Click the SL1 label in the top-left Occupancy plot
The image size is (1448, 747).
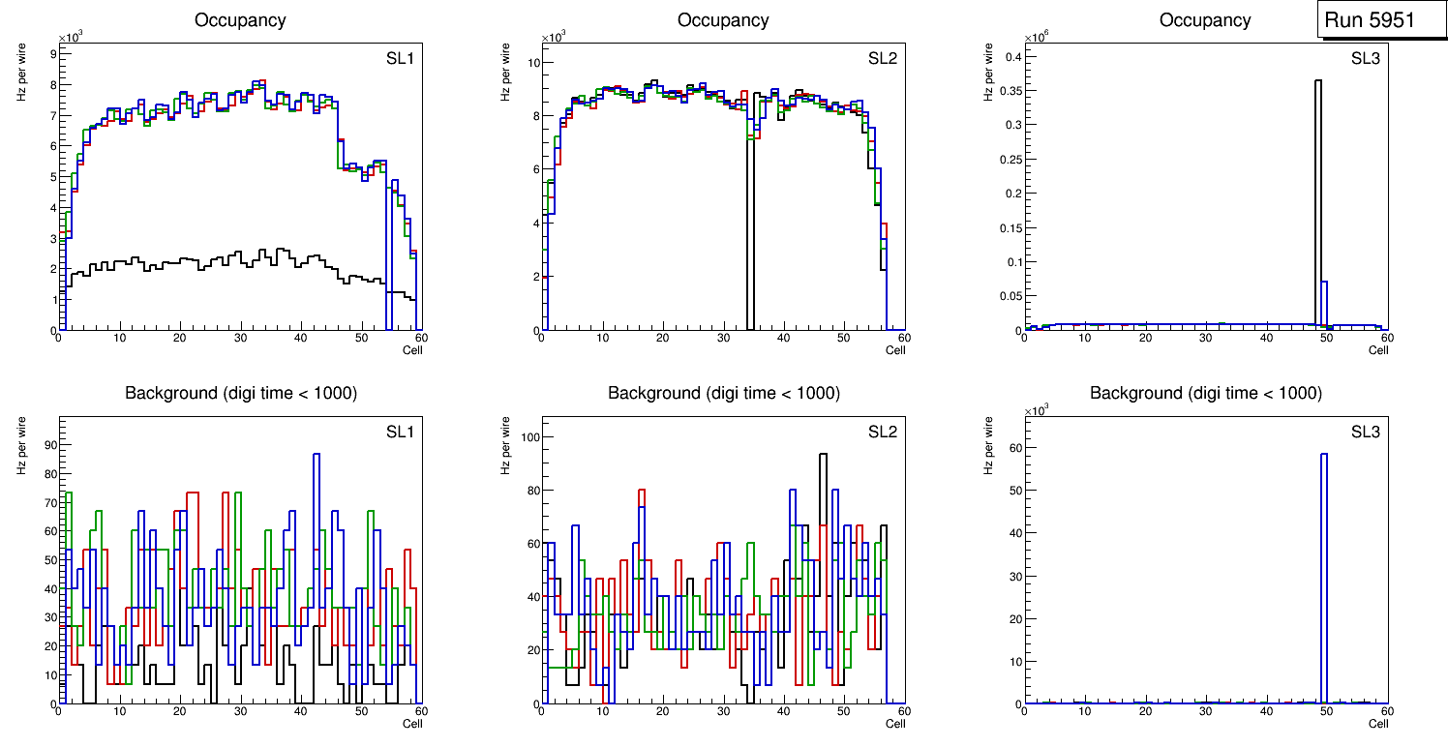[400, 58]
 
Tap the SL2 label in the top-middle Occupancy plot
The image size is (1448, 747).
[882, 58]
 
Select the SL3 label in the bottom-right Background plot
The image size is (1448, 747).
[1365, 431]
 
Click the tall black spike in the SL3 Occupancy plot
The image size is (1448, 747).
[1318, 194]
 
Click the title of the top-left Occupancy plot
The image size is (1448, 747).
[240, 19]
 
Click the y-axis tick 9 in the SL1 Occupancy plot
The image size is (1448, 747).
[52, 54]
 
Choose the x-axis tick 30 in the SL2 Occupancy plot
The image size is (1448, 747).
[722, 338]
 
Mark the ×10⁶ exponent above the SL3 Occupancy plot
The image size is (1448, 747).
[1036, 37]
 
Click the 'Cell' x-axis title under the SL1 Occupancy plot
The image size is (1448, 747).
[412, 349]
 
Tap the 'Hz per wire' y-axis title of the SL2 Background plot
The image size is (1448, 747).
[505, 444]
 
